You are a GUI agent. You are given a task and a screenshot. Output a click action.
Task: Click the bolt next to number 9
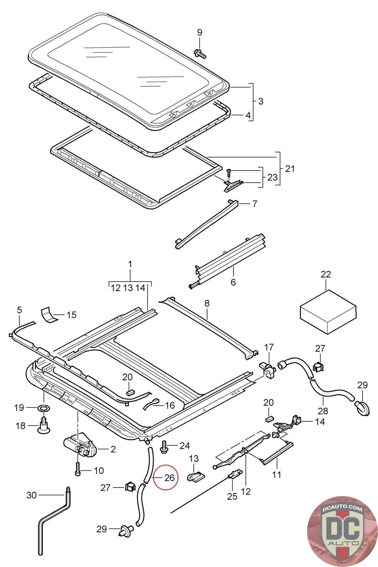[200, 54]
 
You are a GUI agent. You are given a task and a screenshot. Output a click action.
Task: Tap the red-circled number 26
[169, 478]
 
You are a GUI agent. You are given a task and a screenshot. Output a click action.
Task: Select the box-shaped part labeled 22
[327, 310]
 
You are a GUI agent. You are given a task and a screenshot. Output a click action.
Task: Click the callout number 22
[326, 274]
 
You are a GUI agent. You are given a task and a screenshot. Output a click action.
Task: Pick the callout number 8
[207, 303]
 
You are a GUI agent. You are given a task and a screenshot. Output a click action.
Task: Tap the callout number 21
[290, 168]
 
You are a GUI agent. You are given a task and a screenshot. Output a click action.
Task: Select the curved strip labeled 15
[48, 314]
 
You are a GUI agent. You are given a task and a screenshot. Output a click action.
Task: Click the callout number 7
[254, 204]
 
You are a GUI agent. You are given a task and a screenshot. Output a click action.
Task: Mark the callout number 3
[261, 101]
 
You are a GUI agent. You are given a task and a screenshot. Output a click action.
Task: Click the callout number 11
[276, 474]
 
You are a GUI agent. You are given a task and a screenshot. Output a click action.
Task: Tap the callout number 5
[19, 310]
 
